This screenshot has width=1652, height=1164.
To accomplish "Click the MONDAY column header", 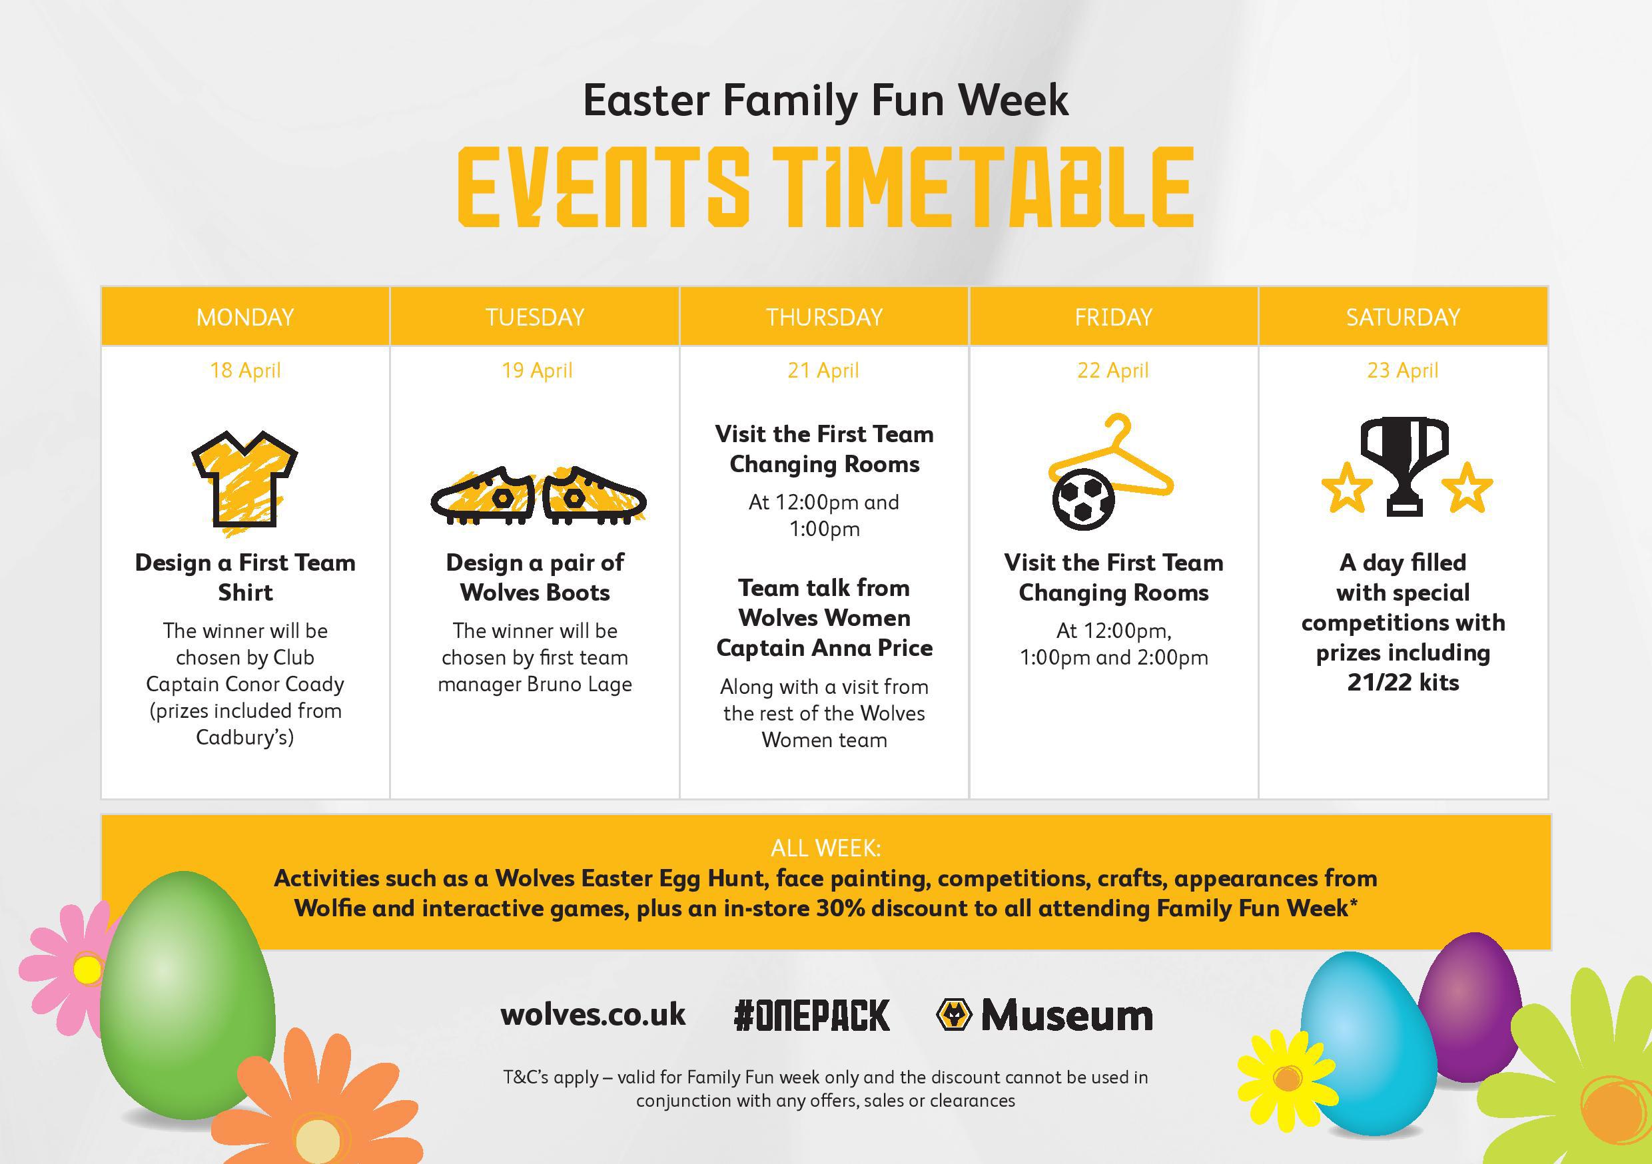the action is [x=245, y=317].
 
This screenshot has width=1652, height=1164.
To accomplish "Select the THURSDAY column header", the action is [x=824, y=317].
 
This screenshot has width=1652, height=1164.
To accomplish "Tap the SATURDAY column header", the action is [x=1403, y=317].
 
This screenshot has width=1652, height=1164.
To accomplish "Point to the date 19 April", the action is [x=537, y=370].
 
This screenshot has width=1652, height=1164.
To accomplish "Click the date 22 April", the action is [x=1113, y=370].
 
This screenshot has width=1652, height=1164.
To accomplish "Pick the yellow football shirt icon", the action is [x=244, y=481].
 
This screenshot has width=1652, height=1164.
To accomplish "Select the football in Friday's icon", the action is [x=1084, y=499].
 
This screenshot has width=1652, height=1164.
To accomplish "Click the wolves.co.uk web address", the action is [x=593, y=1014].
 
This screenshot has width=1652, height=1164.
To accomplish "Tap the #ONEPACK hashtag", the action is [x=811, y=1015].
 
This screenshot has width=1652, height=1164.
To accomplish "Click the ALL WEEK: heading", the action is [x=825, y=848].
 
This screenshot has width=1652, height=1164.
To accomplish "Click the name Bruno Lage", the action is [x=580, y=684].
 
